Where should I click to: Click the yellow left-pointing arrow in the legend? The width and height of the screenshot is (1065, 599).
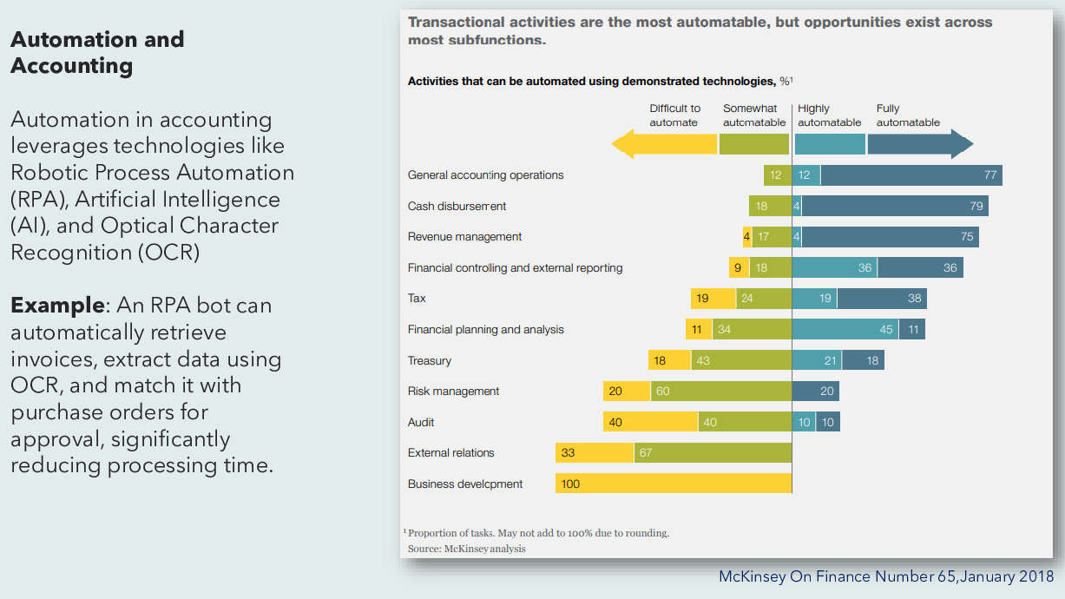664,143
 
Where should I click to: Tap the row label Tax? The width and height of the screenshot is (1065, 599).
417,299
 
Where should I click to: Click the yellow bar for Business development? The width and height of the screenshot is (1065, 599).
674,484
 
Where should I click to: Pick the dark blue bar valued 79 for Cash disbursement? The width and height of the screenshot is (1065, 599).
895,206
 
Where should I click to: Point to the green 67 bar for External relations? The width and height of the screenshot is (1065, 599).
713,452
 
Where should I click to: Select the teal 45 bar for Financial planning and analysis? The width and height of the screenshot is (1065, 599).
833,330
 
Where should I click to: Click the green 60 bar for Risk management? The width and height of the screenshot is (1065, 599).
721,392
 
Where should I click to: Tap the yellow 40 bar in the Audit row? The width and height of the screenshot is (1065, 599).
650,422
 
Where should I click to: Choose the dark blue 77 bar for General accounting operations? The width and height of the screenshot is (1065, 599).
911,175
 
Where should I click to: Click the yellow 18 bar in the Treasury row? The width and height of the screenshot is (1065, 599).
669,360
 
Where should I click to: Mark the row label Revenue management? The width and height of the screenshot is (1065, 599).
464,237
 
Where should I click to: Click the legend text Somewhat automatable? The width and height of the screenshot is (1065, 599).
754,115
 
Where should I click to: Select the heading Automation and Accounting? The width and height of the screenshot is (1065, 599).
97,52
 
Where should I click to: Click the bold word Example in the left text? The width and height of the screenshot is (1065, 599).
57,306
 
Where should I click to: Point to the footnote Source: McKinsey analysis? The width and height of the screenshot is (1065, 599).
466,549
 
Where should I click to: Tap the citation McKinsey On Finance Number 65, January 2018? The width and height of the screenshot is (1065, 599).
886,576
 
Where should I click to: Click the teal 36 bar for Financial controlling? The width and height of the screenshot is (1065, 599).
834,267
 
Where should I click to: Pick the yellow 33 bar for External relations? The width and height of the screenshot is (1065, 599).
595,452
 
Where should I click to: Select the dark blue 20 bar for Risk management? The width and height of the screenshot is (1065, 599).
816,392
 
